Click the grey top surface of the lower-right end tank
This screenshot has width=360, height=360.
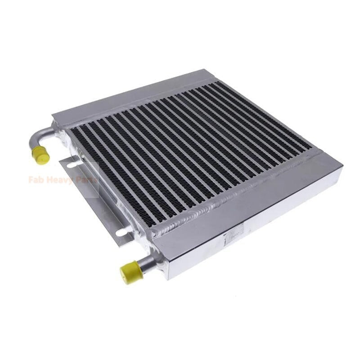click(x=252, y=198)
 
